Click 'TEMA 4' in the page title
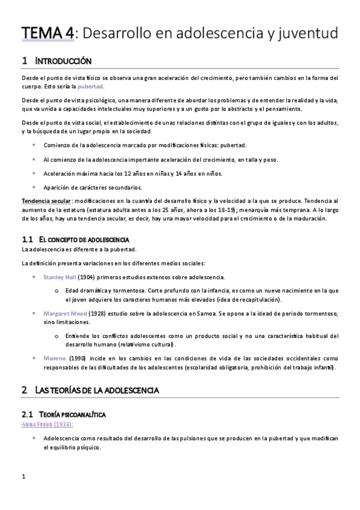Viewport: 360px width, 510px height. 47,31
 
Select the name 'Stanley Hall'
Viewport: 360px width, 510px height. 59,277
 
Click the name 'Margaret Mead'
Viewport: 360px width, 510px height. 65,314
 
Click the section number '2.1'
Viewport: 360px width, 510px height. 27,414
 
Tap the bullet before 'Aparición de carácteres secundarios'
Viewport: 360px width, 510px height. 35,187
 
